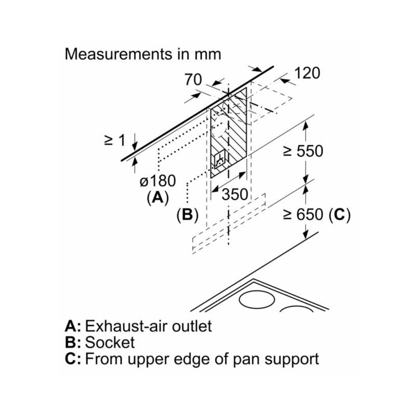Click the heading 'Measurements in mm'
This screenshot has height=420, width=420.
(143, 54)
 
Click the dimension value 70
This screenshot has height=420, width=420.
(193, 80)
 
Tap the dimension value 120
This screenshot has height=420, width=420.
(307, 73)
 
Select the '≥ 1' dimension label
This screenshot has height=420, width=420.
(115, 140)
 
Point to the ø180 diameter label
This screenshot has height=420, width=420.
(157, 181)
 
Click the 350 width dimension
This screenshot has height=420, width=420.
(234, 194)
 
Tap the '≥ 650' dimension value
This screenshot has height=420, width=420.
(303, 214)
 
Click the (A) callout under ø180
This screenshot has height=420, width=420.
(157, 198)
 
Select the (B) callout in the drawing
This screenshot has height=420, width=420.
(187, 215)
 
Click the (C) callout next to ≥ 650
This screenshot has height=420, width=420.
(339, 214)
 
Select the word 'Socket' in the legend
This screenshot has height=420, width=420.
(110, 342)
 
